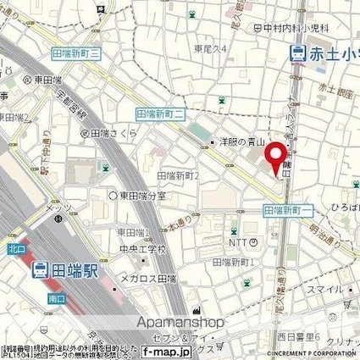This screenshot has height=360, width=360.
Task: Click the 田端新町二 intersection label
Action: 160,112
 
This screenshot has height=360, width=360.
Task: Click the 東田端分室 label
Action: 141,196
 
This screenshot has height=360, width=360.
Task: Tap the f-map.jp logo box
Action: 170,351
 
